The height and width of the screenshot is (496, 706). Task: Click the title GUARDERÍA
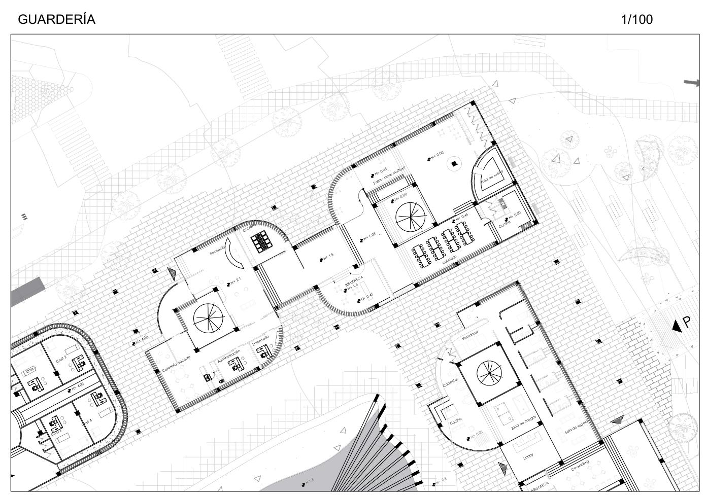pos(56,20)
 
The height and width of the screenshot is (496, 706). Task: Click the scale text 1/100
pos(636,20)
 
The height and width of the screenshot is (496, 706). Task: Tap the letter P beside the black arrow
pos(687,322)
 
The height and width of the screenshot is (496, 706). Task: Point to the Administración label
pos(228,352)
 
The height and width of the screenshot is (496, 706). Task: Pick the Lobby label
pos(528,457)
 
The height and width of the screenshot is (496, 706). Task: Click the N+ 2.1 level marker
pos(234,280)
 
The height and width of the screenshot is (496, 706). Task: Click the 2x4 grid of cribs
pos(263,241)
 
